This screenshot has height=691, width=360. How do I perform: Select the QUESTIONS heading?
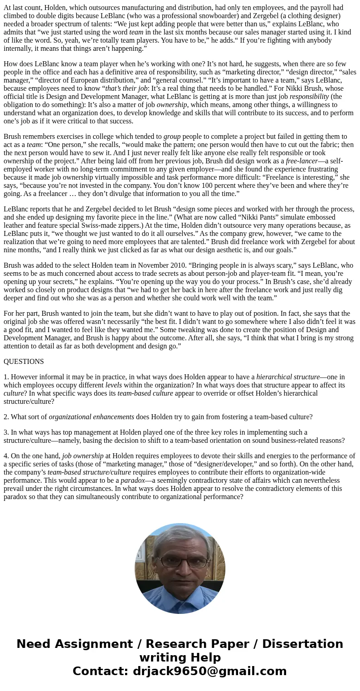coord(24,362)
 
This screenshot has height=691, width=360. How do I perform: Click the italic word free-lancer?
coord(302,161)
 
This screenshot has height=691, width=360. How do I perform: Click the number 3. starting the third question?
coord(6,432)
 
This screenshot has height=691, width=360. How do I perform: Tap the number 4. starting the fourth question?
coord(6,456)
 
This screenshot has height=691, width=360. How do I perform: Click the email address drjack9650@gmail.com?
coord(209,671)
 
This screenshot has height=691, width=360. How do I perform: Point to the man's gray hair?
coord(180,535)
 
